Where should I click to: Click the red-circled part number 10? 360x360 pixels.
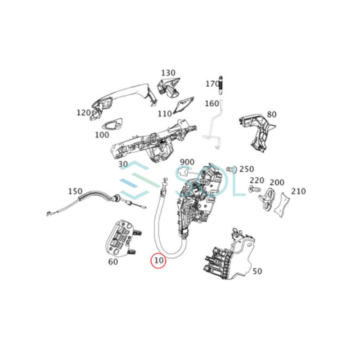[x=159, y=260]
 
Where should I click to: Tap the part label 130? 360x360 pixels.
[x=168, y=73]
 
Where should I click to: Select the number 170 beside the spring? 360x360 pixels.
[x=212, y=84]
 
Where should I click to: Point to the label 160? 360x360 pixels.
[x=212, y=104]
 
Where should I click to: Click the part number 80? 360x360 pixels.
[x=272, y=114]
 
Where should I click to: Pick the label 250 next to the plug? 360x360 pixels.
[x=246, y=170]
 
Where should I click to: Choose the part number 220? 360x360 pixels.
[x=257, y=181]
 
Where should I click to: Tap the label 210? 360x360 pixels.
[x=298, y=191]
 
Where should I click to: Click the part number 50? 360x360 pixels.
[x=257, y=271]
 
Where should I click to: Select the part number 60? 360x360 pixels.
[x=113, y=262]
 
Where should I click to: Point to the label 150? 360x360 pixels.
[x=75, y=192]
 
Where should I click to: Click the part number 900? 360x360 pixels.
[x=187, y=162]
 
